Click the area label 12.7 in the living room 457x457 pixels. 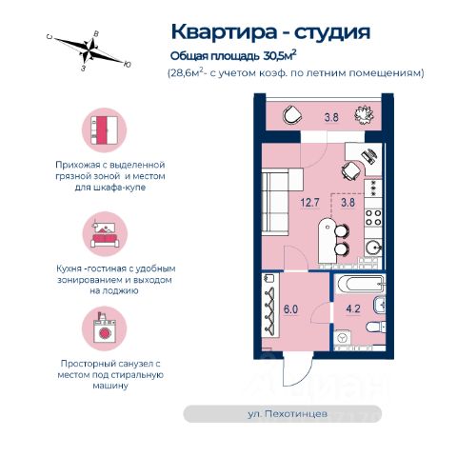point(310,203)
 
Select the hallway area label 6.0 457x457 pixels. point(290,309)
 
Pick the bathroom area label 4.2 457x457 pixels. point(353,308)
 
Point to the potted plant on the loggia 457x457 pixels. point(364,115)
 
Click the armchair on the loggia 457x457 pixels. point(292,114)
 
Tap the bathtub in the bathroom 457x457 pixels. point(360,284)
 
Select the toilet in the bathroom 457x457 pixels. point(376,327)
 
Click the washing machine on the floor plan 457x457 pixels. point(343,338)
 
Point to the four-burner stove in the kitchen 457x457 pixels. point(373,217)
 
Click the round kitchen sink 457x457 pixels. point(372,248)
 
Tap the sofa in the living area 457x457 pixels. point(280,202)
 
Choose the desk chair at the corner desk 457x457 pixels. point(351,170)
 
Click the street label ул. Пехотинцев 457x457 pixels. point(288,414)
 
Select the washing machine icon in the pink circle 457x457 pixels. point(105,328)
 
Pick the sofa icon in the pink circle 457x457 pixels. point(105,234)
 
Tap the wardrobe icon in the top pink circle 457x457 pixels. point(105,130)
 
